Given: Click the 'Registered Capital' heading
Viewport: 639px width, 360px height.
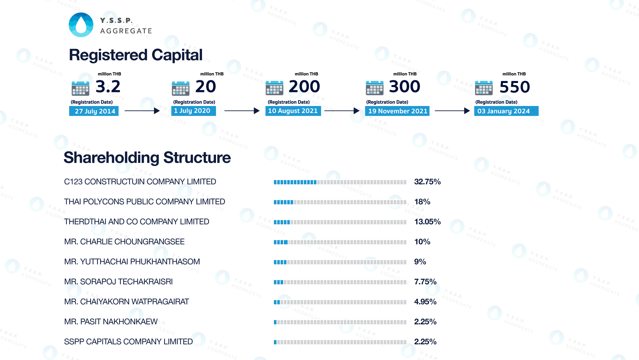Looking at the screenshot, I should [x=135, y=55].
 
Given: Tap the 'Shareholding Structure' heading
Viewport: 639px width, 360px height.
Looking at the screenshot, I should [x=147, y=157].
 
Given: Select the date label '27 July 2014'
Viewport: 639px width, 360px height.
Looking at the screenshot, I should [x=94, y=111].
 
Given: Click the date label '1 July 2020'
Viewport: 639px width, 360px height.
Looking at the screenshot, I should [x=193, y=111].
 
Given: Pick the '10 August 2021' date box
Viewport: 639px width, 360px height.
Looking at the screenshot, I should [x=293, y=111].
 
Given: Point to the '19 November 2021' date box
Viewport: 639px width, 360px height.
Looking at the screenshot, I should [x=397, y=111].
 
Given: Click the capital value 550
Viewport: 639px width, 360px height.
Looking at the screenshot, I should [x=515, y=87].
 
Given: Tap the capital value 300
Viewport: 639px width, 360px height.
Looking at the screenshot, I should [x=404, y=87].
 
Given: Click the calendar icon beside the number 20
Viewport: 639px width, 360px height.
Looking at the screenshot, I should [x=181, y=88].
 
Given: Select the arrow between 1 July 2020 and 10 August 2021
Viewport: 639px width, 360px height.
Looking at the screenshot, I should [x=242, y=111].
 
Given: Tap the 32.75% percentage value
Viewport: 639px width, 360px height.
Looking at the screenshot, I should [x=427, y=182].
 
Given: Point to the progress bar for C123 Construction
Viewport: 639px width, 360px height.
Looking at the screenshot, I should [x=340, y=182].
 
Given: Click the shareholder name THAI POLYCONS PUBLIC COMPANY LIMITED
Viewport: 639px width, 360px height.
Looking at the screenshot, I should [x=144, y=202].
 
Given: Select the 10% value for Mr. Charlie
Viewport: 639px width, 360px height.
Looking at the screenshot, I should [x=422, y=242].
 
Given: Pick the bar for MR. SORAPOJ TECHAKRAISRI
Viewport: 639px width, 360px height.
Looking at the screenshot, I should [x=340, y=282].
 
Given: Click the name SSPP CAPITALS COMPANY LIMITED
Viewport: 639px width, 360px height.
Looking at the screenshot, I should [x=128, y=342].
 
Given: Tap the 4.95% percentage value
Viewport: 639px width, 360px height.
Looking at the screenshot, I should [x=425, y=302].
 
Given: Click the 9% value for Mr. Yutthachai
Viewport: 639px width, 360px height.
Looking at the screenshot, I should [x=420, y=262].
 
